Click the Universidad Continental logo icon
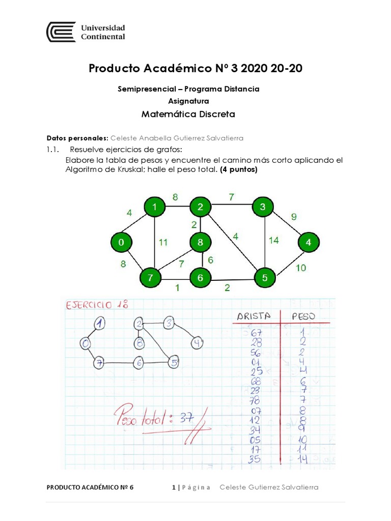pos(61,32)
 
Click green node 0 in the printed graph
pos(121,243)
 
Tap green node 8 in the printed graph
pos(200,243)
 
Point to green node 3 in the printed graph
pos(263,207)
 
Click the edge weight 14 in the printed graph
pos(274,240)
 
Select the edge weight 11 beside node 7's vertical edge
pos(163,242)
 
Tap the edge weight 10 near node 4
pos(300,268)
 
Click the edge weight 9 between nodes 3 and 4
pos(293,216)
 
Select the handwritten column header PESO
pos(303,316)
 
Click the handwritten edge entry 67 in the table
pos(256,332)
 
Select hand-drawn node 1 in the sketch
pos(100,323)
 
